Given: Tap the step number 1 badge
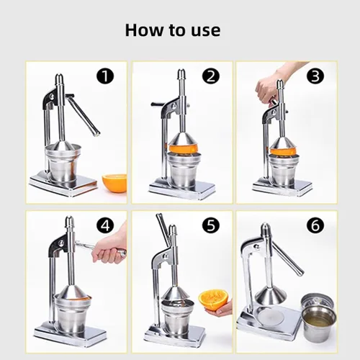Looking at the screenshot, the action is (105, 76).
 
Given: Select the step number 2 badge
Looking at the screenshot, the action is (211, 76).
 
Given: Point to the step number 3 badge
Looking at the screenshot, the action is (315, 76).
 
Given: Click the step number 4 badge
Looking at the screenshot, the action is (105, 225).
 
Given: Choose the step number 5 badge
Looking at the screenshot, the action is (211, 225).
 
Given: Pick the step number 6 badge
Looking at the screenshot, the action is (315, 225).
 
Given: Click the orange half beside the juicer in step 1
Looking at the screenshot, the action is (114, 183).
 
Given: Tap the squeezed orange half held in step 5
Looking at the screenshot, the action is (212, 300).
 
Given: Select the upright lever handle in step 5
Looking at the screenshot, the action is (163, 226).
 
